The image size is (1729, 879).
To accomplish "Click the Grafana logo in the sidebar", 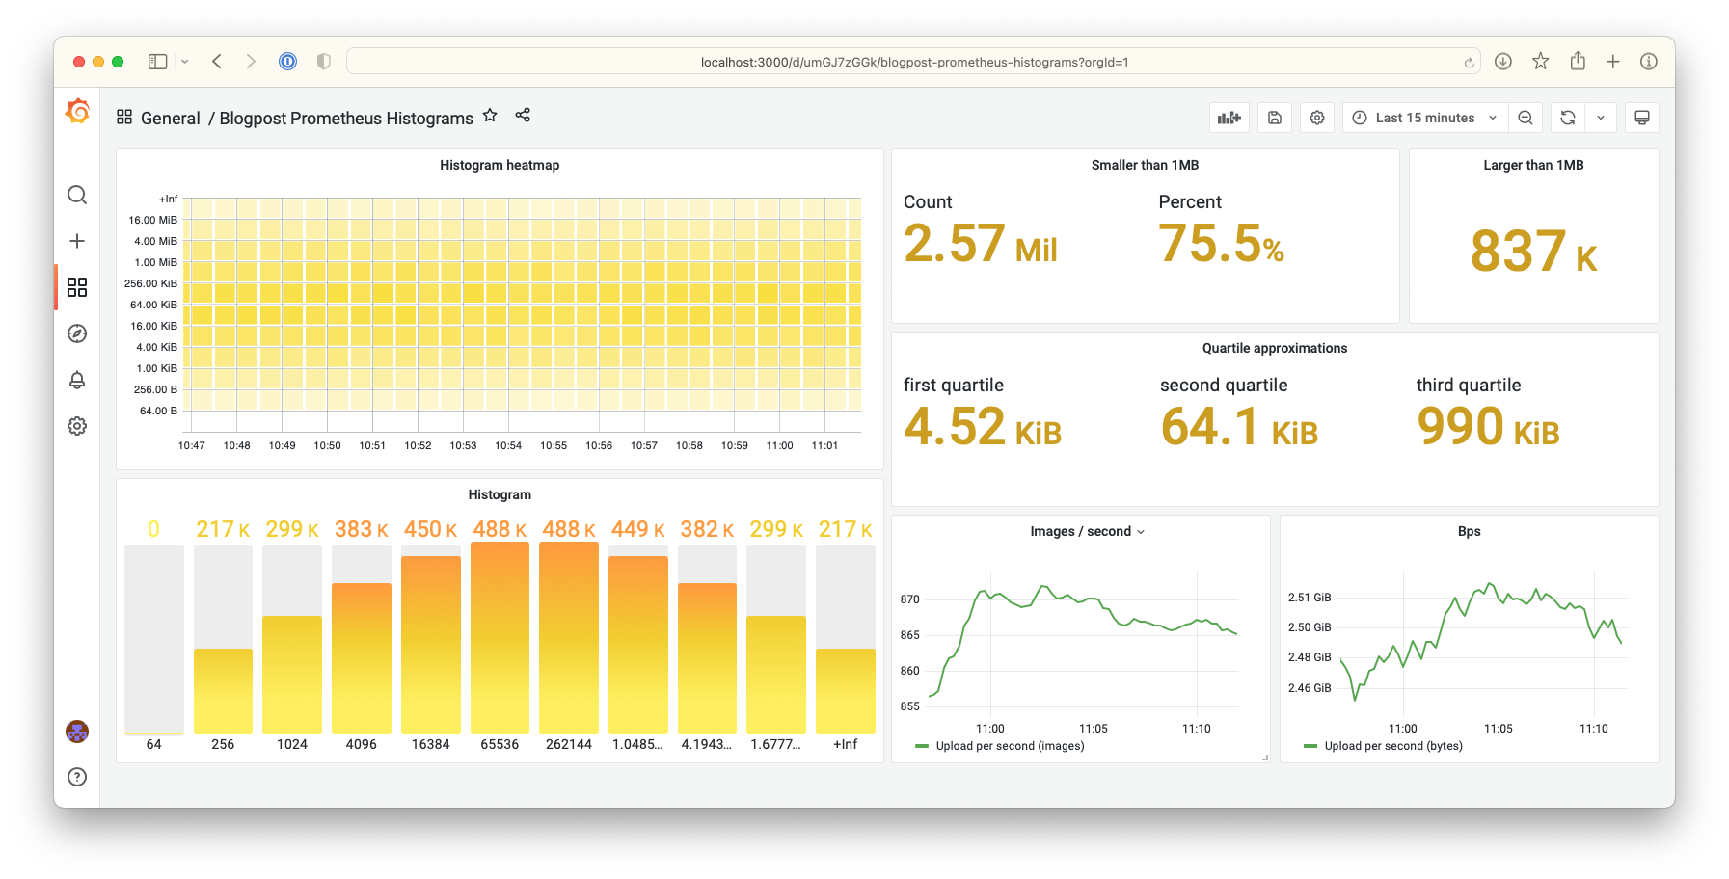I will [x=77, y=112].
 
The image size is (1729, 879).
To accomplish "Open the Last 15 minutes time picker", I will [x=1425, y=118].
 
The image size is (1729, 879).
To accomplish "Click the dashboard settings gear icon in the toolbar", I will [x=1317, y=118].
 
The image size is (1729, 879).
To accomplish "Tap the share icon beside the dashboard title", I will [x=523, y=115].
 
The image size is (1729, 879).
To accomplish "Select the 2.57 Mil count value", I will [x=980, y=244].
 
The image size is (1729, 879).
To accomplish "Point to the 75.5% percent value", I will [x=1221, y=244].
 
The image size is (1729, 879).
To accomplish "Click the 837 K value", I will [x=1533, y=252].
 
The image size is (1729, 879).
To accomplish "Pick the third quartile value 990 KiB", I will [x=1487, y=427].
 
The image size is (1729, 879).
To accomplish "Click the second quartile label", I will [x=1224, y=386].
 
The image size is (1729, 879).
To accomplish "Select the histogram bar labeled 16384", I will [x=431, y=646].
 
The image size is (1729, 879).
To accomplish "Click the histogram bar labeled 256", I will [x=223, y=690].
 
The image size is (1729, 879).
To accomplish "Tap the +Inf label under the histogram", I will [x=846, y=744].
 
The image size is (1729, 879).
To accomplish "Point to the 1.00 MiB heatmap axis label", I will [x=156, y=262].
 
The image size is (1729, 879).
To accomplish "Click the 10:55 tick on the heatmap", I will [x=554, y=445].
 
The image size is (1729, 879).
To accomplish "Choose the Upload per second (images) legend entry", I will [x=1009, y=746].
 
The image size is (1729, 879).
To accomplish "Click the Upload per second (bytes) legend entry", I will [x=1392, y=746].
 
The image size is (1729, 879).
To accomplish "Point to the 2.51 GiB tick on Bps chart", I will [x=1310, y=598].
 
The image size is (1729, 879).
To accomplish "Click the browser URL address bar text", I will [x=914, y=63].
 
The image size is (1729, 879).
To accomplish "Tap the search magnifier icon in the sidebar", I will [x=77, y=195].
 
